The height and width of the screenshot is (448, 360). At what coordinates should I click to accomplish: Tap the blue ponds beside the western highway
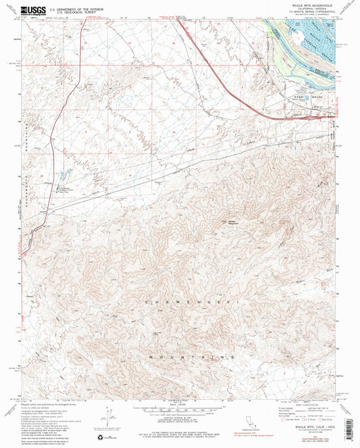tap(65, 175)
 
